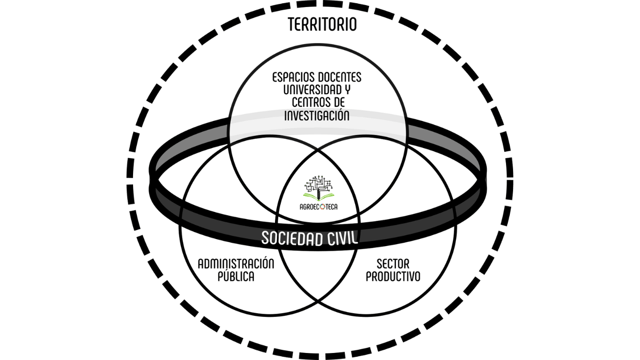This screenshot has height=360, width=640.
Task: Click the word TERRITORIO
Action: pyautogui.click(x=322, y=24)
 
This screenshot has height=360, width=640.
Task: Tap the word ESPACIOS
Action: pyautogui.click(x=294, y=77)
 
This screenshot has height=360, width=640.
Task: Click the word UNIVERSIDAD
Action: pyautogui.click(x=306, y=90)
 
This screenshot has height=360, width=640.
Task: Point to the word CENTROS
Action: pyautogui.click(x=310, y=102)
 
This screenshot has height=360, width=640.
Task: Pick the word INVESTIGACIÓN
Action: pyautogui.click(x=317, y=115)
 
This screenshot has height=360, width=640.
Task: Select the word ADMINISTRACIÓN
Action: pyautogui.click(x=236, y=263)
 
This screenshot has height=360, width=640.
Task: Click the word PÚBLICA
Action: pyautogui.click(x=236, y=277)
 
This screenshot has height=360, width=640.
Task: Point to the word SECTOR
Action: pyautogui.click(x=393, y=263)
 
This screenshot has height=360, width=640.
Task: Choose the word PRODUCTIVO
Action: pyautogui.click(x=393, y=277)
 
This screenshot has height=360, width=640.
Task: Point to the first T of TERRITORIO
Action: pyautogui.click(x=292, y=24)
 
